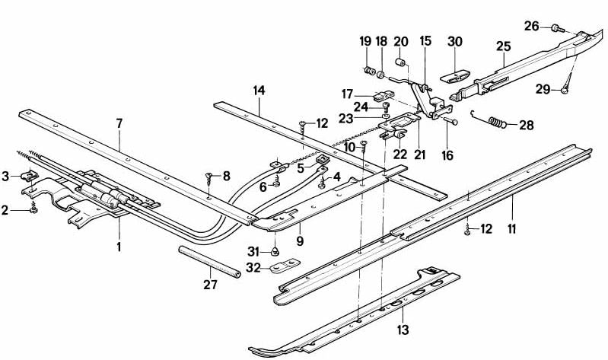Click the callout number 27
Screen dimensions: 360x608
click(x=210, y=285)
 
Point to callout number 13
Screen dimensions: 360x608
click(x=403, y=330)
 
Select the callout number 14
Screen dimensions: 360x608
click(x=259, y=91)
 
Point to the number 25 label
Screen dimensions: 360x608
click(x=502, y=46)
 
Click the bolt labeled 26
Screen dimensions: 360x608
click(x=556, y=28)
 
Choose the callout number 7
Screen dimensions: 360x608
click(x=119, y=123)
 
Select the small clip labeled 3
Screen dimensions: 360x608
click(x=31, y=177)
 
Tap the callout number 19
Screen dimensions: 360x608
click(x=364, y=40)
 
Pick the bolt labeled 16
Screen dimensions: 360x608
click(x=450, y=120)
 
